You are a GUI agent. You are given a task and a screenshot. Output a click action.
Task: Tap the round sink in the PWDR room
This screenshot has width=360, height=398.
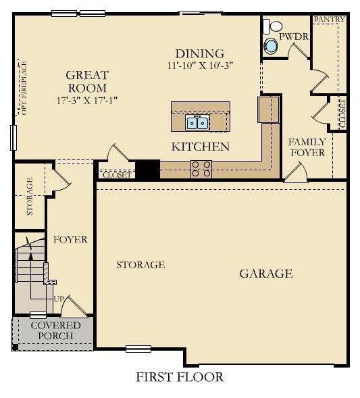[271, 46]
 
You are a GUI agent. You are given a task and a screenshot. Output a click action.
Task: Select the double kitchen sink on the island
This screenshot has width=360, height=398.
[198, 122]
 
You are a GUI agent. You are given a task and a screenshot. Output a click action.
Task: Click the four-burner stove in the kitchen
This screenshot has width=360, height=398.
[202, 168]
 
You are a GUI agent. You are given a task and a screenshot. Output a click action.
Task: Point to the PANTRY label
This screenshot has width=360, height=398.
[329, 20]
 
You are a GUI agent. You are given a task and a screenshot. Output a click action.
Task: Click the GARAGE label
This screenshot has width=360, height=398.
[266, 274]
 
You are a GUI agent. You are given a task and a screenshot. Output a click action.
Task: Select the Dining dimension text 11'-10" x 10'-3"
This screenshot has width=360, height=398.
[199, 66]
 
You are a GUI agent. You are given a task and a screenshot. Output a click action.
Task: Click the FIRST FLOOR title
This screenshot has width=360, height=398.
[180, 377]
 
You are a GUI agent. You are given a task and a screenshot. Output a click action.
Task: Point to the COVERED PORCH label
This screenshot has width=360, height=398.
[55, 330]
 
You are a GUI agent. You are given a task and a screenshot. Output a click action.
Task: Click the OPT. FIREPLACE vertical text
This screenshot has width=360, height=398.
[24, 88]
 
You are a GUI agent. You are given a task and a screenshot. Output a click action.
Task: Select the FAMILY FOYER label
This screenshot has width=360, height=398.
[307, 147]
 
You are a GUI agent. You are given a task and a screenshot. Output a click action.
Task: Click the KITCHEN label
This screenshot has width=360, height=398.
[200, 147]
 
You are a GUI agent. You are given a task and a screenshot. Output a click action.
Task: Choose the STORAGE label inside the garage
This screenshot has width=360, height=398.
[140, 265]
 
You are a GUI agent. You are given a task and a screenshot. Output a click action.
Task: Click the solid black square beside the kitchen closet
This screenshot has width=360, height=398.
[147, 169]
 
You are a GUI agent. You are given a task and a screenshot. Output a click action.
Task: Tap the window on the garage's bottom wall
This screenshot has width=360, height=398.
[138, 349]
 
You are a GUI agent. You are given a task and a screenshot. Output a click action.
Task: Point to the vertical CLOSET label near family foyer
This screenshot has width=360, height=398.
[342, 114]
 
